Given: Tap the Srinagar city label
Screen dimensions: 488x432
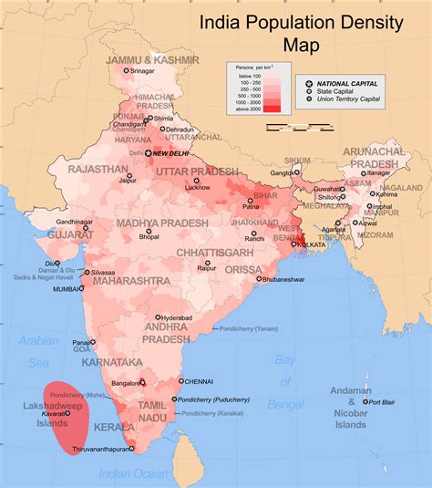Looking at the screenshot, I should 142,70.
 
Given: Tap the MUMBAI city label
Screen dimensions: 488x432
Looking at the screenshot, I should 67,289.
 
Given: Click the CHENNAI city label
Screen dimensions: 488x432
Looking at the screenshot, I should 198,381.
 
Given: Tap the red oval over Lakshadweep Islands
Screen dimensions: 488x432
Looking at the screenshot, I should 68,417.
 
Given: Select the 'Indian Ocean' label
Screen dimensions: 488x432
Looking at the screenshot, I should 135,473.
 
